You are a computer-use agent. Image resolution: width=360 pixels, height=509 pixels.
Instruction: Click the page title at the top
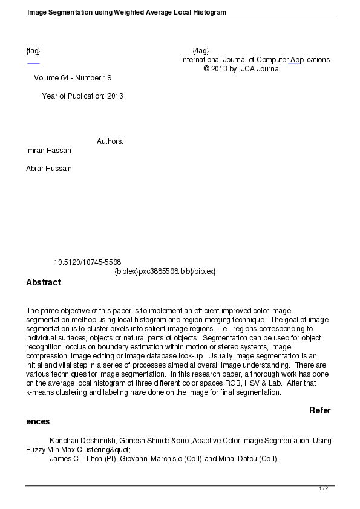tap(126, 12)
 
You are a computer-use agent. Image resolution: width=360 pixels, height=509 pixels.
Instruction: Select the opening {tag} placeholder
tap(33, 51)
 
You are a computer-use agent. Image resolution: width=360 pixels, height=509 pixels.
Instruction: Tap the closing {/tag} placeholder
tap(200, 51)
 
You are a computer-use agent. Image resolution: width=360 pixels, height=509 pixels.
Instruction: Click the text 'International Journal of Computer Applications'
tap(255, 60)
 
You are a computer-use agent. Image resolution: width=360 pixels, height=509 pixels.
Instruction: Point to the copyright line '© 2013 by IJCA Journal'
tap(242, 69)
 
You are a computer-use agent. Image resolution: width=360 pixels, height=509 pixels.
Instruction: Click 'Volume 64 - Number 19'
tap(73, 78)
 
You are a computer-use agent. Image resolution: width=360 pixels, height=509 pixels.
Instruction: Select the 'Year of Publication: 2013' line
tap(82, 96)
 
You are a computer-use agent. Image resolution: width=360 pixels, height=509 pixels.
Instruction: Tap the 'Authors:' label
tap(110, 141)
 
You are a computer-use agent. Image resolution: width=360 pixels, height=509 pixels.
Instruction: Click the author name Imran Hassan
tap(48, 151)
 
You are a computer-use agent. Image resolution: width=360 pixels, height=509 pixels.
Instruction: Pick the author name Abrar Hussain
tap(49, 169)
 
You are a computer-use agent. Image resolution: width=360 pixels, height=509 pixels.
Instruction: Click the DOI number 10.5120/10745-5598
tap(88, 262)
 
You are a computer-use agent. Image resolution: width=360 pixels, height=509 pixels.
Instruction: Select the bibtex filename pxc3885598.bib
tap(165, 271)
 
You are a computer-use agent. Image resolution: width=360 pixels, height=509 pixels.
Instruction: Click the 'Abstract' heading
tap(44, 282)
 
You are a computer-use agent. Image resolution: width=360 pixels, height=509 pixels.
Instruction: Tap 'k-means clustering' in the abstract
tap(55, 392)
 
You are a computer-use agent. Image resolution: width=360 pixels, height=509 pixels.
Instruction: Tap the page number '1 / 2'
tap(323, 488)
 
